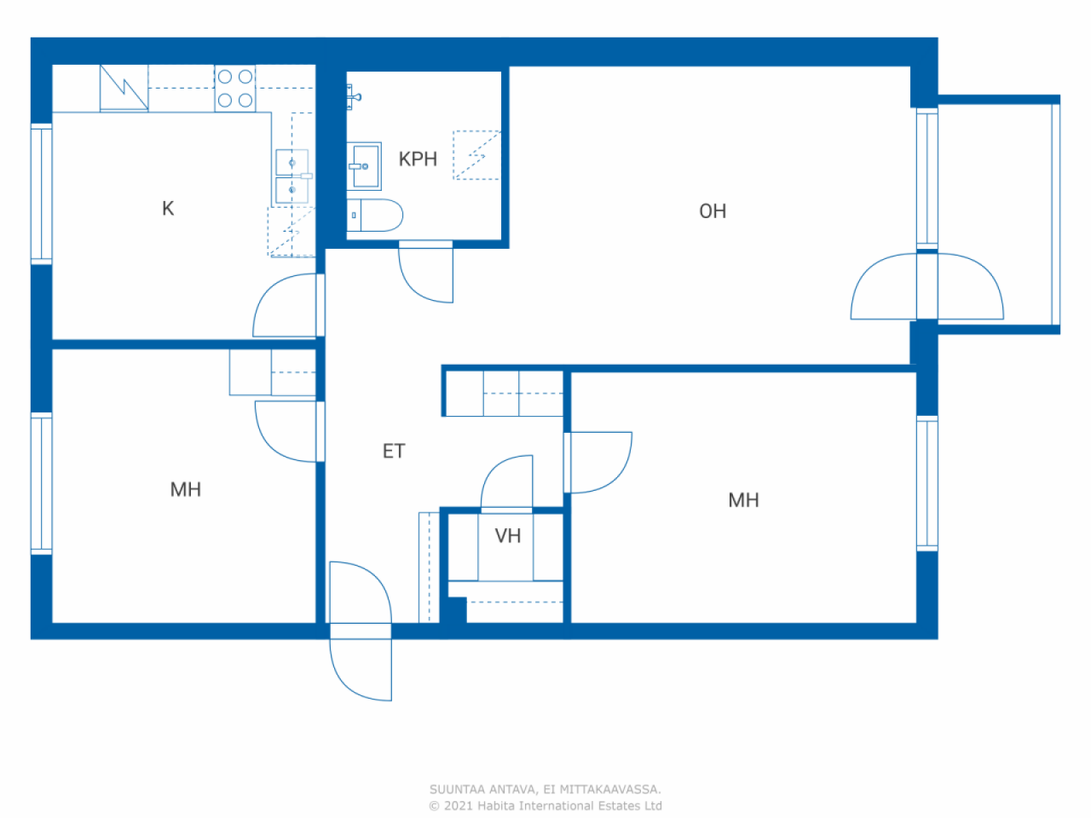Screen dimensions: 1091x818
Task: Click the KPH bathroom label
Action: coord(418,159)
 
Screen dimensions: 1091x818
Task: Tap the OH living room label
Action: coord(713,211)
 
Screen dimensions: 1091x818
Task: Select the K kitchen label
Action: coord(168,209)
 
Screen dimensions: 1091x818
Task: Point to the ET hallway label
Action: coord(394,451)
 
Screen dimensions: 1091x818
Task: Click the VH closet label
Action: coord(507,536)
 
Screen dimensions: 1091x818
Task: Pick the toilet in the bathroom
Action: coord(375,215)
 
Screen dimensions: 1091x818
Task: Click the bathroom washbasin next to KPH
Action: coord(364,166)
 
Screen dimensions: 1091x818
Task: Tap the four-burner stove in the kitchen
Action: coord(235,89)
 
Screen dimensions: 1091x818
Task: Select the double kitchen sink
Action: coord(292,177)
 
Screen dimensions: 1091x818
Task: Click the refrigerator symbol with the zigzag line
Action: coord(124,88)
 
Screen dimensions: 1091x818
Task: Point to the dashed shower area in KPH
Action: coord(476,155)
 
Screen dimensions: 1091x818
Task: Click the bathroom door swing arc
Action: coord(416,288)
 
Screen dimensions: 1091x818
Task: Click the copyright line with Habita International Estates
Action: coord(545,805)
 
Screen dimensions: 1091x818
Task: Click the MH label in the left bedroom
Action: coord(186,490)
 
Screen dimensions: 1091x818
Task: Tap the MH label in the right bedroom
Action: coord(743,500)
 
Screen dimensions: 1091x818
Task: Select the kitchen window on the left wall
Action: coord(41,193)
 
